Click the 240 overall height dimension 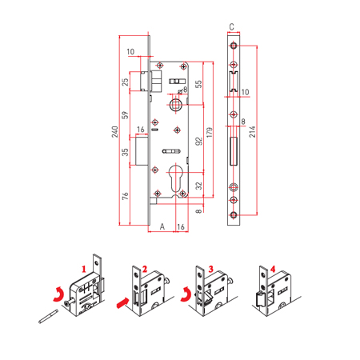[114, 132]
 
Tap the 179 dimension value [210, 132]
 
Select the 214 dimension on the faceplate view [252, 132]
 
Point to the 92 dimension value [199, 142]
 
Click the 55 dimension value [198, 84]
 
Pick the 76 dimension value [125, 196]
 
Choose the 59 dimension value [125, 115]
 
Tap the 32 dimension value [199, 186]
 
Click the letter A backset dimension [162, 226]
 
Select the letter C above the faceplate [231, 26]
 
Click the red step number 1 [84, 269]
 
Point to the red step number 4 [273, 269]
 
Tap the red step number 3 [211, 269]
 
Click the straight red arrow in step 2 [123, 303]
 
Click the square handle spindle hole [176, 104]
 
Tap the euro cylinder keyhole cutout [176, 178]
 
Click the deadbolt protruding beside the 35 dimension [142, 150]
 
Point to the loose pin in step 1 [48, 316]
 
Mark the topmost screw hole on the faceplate [234, 46]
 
